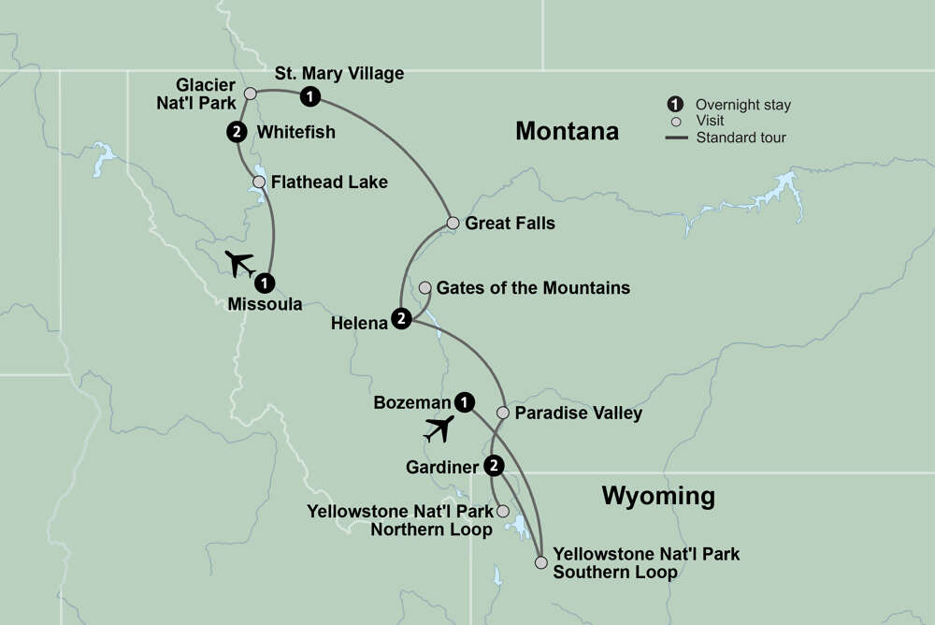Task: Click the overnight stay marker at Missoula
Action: pos(266,281)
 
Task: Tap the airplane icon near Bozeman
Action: pos(438,429)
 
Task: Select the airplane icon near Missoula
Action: pos(240,263)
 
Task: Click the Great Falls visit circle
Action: pos(453,223)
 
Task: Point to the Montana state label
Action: pos(567,132)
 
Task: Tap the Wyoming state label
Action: pos(658,495)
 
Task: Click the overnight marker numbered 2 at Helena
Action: pos(401,319)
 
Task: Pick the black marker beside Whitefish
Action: pos(236,133)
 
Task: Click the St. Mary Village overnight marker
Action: pos(309,95)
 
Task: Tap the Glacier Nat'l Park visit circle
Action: pos(250,94)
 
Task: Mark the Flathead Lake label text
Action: pos(328,182)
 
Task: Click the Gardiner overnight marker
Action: pos(495,465)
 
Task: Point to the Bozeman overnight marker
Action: pos(464,401)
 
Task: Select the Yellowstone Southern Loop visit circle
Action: pos(540,562)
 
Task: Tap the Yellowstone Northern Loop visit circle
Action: pos(503,512)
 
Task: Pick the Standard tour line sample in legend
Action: pos(678,138)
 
